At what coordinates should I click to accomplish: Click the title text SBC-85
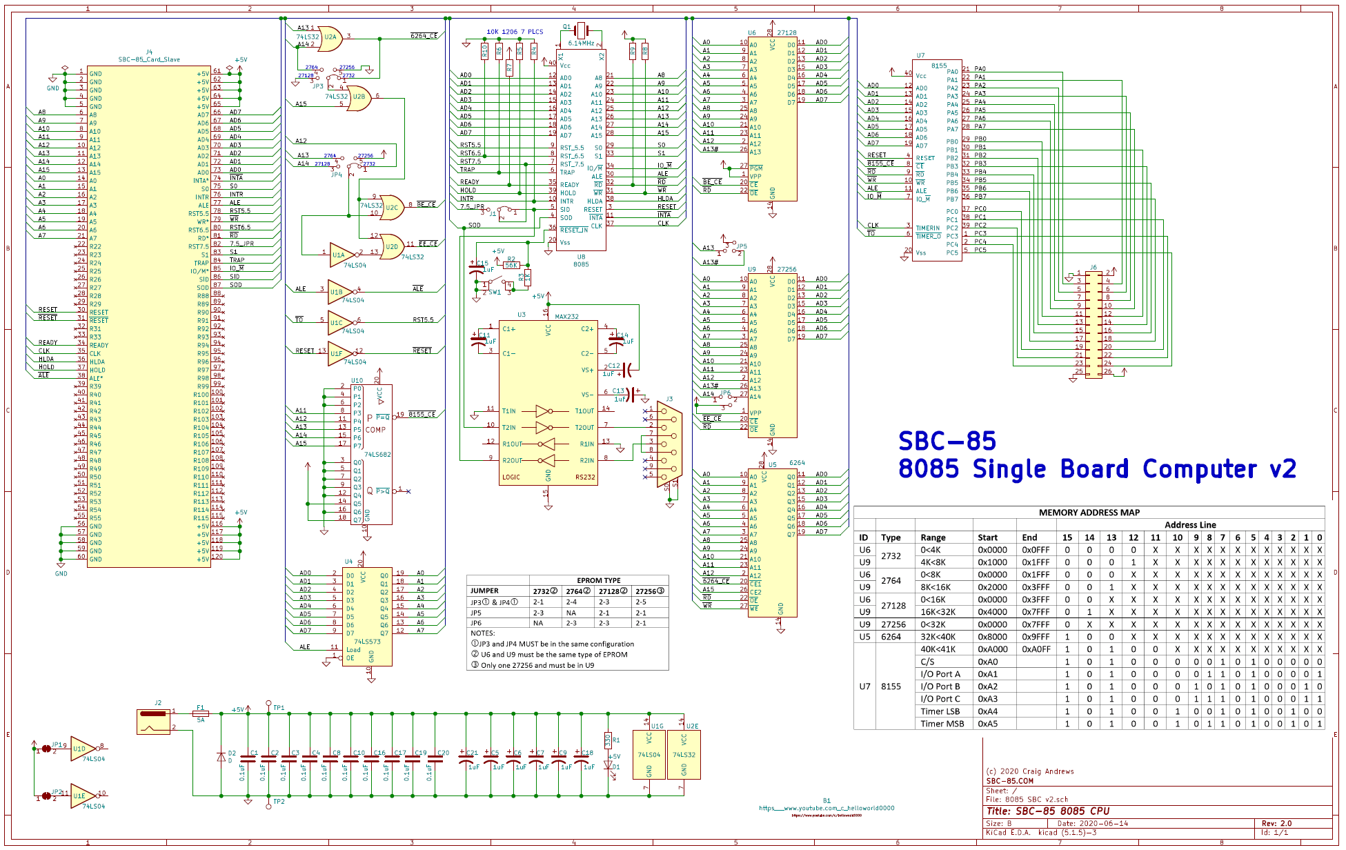[947, 441]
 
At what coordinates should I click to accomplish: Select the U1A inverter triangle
[341, 255]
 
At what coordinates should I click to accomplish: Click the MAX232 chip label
[566, 317]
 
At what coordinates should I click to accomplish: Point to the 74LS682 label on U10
[377, 455]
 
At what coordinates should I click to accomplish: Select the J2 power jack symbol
[153, 721]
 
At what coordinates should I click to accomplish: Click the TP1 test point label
[279, 708]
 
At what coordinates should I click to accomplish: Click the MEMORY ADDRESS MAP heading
[1089, 513]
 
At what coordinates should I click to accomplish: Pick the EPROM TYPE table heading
[598, 581]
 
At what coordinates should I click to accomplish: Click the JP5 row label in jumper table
[476, 613]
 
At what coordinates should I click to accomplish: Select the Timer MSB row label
[942, 724]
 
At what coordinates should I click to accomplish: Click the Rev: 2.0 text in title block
[1276, 823]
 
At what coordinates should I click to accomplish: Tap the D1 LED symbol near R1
[608, 765]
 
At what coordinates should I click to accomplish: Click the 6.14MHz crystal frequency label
[581, 43]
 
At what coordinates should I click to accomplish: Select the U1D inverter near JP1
[81, 749]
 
